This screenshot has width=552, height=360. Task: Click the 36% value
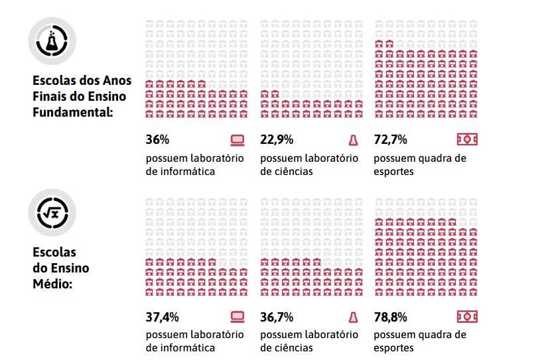pos(157,140)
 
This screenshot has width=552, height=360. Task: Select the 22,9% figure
pos(277,140)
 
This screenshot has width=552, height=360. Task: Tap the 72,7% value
pos(390,140)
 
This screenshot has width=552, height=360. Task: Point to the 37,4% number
pos(162,317)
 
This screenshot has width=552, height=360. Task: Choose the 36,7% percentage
pos(277,317)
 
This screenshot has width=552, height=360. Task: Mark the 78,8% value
pos(390,317)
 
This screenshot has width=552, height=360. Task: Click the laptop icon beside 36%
pos(237,140)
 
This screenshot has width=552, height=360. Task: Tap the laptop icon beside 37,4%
pos(237,317)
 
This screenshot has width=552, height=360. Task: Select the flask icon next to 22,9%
pos(353,140)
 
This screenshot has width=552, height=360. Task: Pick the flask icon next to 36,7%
pos(353,317)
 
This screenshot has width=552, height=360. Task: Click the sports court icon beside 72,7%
pos(467,139)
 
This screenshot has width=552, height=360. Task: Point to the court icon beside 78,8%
pos(467,316)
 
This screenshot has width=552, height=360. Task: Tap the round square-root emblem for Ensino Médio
pos(52,212)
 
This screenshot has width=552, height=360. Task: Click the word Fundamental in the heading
pos(72,111)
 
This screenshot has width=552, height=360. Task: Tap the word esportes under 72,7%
pos(393,171)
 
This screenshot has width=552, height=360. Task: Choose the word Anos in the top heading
pos(116,81)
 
